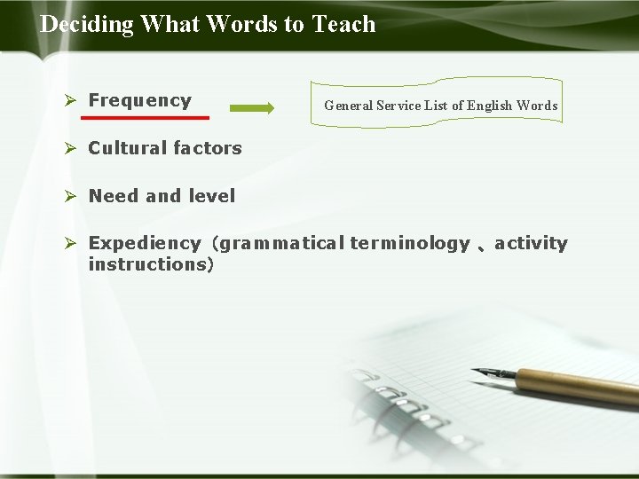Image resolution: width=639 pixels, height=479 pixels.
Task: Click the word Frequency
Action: [x=139, y=100]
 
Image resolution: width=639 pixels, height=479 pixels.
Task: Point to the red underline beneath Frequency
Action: [x=146, y=117]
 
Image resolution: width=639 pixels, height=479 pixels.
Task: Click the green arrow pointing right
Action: [x=252, y=108]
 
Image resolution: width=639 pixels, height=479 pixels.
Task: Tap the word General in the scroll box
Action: [x=348, y=106]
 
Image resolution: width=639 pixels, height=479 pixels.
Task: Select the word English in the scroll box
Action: [x=490, y=106]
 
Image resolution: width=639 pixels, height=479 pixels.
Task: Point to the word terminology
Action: [x=409, y=243]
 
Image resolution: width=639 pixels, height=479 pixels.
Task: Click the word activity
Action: [x=531, y=244]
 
